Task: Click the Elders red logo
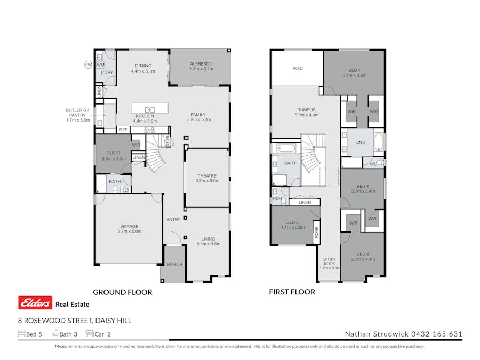[x=35, y=303]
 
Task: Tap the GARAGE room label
[x=129, y=226]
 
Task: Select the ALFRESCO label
[x=201, y=64]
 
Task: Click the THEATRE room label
[x=207, y=175]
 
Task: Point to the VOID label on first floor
[x=298, y=68]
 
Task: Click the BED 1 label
[x=354, y=70]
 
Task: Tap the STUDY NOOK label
[x=329, y=261]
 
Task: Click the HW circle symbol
[x=88, y=65]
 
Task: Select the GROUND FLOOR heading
[x=123, y=292]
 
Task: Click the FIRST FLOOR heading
[x=292, y=292]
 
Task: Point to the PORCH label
[x=174, y=265]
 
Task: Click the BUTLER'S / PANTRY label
[x=76, y=113]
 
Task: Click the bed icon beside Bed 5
[x=21, y=334]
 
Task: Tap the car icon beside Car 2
[x=90, y=334]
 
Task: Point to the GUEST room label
[x=114, y=153]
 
